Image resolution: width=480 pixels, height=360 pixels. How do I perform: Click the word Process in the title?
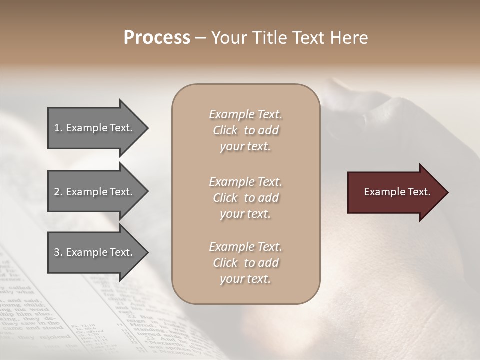pyautogui.click(x=157, y=38)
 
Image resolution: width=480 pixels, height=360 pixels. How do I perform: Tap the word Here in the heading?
pyautogui.click(x=349, y=38)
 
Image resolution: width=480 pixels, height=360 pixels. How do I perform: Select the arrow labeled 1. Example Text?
pyautogui.click(x=95, y=128)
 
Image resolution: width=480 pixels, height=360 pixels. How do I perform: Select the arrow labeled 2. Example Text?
pyautogui.click(x=95, y=192)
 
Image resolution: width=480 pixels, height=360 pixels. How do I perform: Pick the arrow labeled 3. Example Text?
pyautogui.click(x=95, y=252)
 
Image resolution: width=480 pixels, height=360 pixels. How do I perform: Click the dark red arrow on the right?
pyautogui.click(x=395, y=192)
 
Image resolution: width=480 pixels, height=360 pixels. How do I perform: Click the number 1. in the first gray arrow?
pyautogui.click(x=58, y=128)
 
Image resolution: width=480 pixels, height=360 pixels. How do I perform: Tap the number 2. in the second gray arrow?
pyautogui.click(x=58, y=192)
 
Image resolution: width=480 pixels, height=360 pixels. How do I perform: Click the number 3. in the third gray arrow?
pyautogui.click(x=58, y=252)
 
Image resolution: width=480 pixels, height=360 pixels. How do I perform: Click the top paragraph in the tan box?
pyautogui.click(x=245, y=130)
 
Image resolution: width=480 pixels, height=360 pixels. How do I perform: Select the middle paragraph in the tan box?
pyautogui.click(x=245, y=198)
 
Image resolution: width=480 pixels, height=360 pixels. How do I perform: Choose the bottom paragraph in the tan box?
pyautogui.click(x=245, y=263)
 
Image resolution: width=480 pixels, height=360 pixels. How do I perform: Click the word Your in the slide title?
pyautogui.click(x=228, y=38)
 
